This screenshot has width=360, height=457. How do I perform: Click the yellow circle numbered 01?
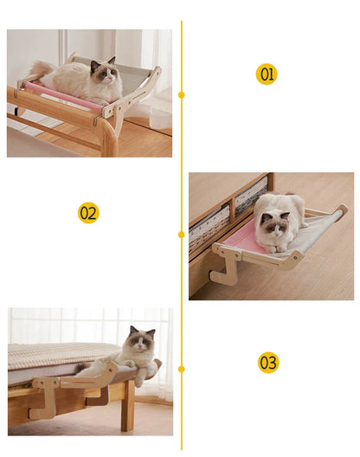[267, 74]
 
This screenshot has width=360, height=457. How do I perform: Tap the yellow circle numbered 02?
[88, 212]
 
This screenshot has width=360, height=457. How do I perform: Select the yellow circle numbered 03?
[267, 362]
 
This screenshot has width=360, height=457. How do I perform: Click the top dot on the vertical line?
[182, 94]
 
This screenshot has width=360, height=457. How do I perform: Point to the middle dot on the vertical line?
[182, 234]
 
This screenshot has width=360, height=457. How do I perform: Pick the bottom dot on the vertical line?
[182, 370]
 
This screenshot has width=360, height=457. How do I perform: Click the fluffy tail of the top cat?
[39, 70]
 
